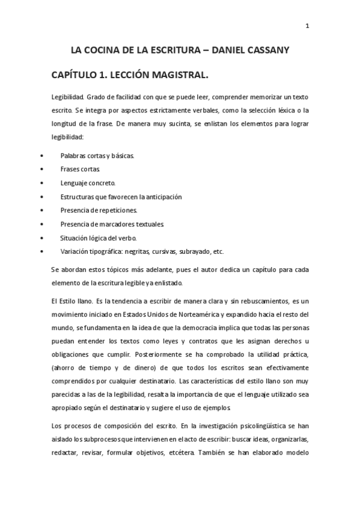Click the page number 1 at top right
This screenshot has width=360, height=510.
tap(307, 26)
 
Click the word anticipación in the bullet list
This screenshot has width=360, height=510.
tap(160, 196)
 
